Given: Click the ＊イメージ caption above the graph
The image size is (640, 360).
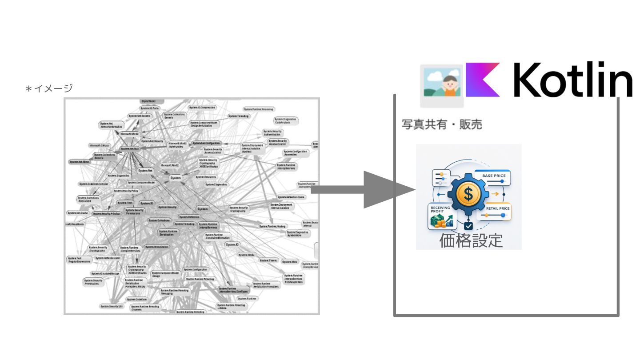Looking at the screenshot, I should pyautogui.click(x=49, y=88).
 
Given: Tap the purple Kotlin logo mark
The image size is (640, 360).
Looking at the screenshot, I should pyautogui.click(x=483, y=80).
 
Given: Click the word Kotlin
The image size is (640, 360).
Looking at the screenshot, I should pyautogui.click(x=574, y=80).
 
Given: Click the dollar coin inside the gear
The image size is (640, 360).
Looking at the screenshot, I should pyautogui.click(x=468, y=193).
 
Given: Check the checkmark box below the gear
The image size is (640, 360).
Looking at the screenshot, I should pyautogui.click(x=468, y=225).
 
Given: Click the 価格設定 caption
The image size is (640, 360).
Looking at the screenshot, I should pyautogui.click(x=471, y=240).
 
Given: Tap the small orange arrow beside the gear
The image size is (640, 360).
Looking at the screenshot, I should pyautogui.click(x=494, y=194).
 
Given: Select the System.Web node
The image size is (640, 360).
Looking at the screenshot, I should pyautogui.click(x=289, y=262).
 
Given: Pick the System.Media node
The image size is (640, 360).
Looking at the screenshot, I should pyautogui.click(x=246, y=255).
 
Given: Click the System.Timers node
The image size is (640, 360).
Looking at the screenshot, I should pyautogui.click(x=268, y=260).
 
